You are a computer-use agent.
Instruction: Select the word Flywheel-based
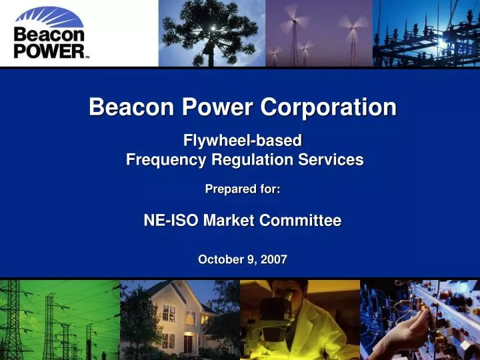[x=243, y=140]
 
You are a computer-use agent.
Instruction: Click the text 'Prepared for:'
[x=243, y=189]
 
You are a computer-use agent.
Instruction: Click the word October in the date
[x=221, y=260]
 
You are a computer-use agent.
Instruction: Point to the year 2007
[x=274, y=260]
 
